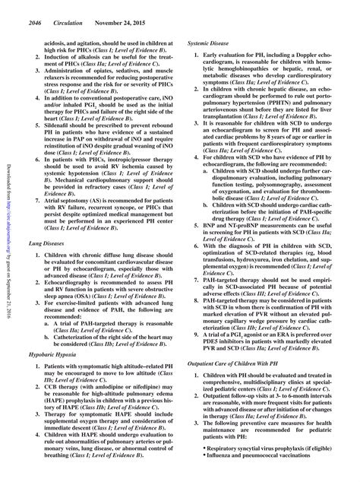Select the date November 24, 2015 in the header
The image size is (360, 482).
point(122,6)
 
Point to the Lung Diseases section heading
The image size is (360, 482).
point(48,241)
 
